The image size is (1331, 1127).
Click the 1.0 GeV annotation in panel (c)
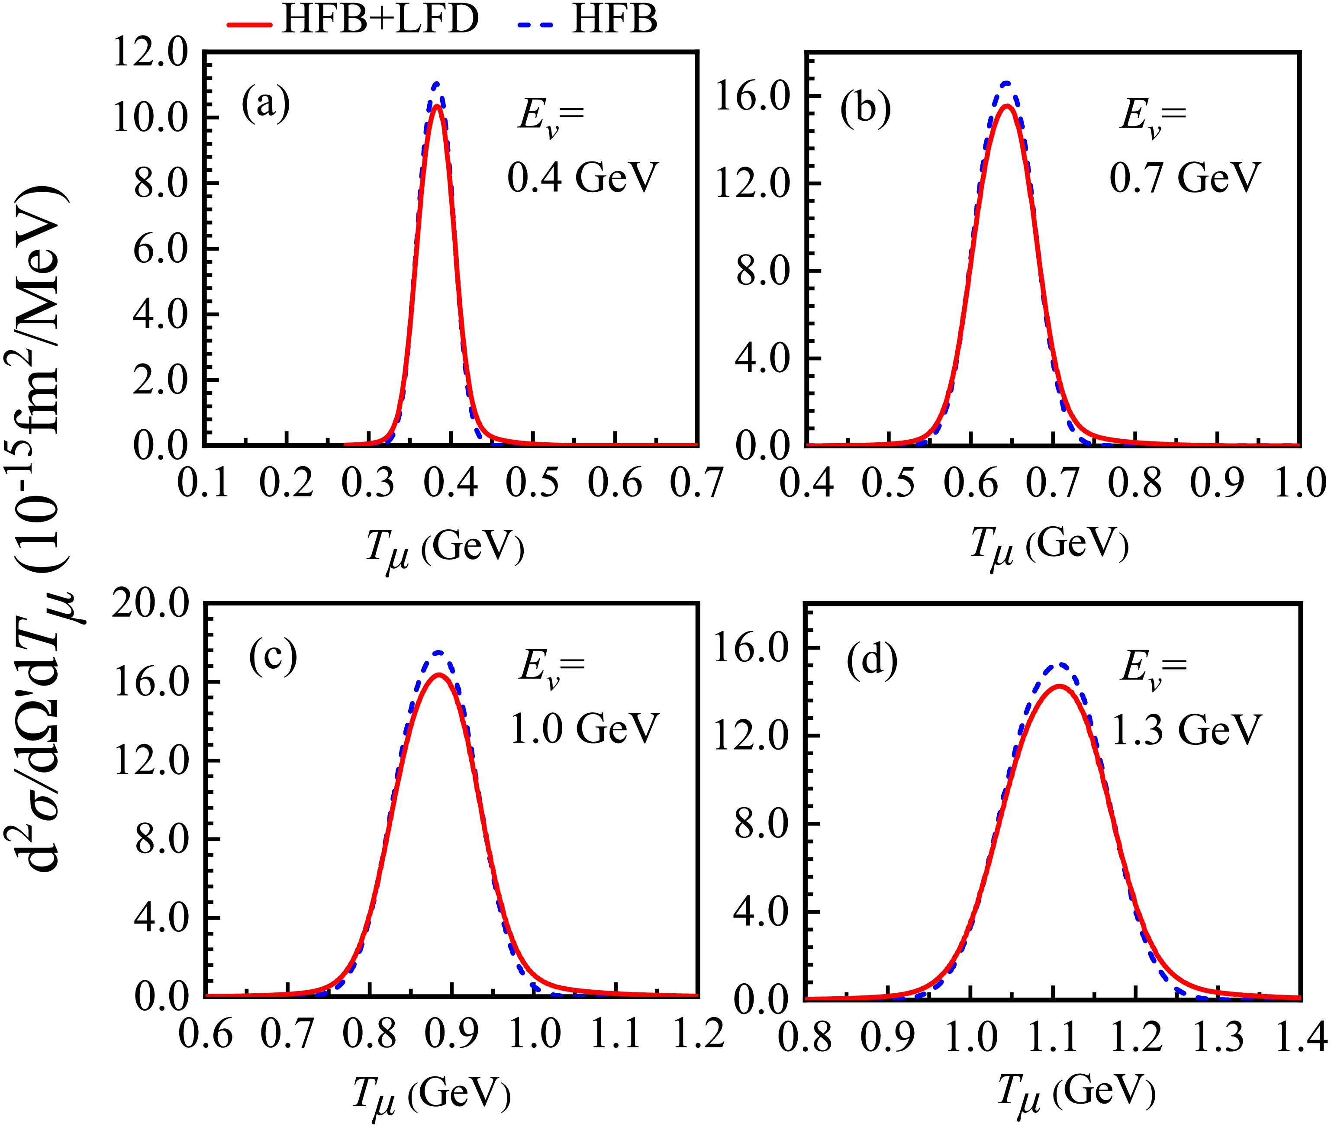pos(584,728)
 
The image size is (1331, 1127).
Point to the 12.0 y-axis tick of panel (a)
pos(151,52)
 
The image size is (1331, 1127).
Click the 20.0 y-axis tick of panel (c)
pos(151,603)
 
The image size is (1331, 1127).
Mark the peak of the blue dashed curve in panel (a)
pos(436,83)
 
